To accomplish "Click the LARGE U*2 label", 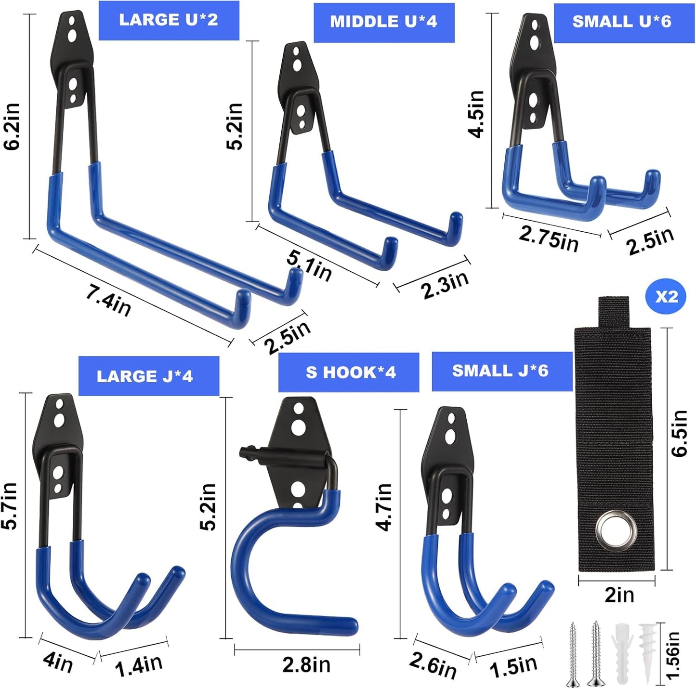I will pos(169,20).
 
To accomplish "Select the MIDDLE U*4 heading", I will pos(383,22).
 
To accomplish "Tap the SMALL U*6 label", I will pos(621,22).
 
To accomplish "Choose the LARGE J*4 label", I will pos(145,376).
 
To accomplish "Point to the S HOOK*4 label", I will pos(350,372).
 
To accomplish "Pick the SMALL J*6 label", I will pos(500,371).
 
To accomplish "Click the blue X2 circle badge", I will pos(666,297).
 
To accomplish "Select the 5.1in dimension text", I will pos(309,266).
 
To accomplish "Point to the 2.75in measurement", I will pos(549,238).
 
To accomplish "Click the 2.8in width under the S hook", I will pos(306,665).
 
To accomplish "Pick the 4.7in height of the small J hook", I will pos(384,507).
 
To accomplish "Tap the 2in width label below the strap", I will pos(619,595).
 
